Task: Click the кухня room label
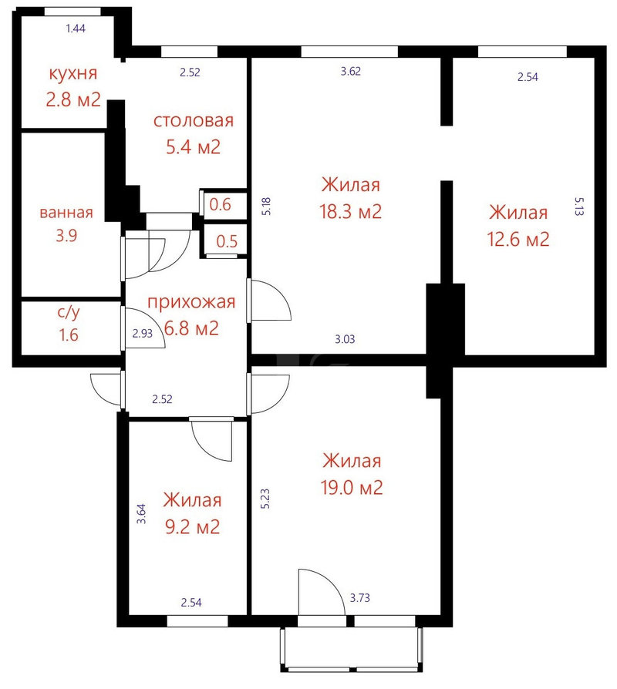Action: pyautogui.click(x=73, y=73)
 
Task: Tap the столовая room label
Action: pyautogui.click(x=194, y=120)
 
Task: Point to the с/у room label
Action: pyautogui.click(x=69, y=312)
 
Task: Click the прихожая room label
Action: pyautogui.click(x=191, y=302)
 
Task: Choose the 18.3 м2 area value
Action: pyautogui.click(x=350, y=211)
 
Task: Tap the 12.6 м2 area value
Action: pyautogui.click(x=518, y=239)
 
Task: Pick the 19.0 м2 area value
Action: pyautogui.click(x=352, y=487)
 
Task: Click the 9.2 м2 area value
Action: pyautogui.click(x=192, y=526)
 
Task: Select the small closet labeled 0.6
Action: pyautogui.click(x=224, y=204)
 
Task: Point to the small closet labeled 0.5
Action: pyautogui.click(x=224, y=240)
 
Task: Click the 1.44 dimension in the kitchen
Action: pyautogui.click(x=76, y=29)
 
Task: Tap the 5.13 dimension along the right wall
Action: pyautogui.click(x=579, y=206)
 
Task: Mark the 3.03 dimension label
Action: pyautogui.click(x=345, y=339)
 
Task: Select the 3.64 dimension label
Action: pyautogui.click(x=141, y=514)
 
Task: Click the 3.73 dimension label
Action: pyautogui.click(x=359, y=597)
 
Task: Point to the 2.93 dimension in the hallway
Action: pyautogui.click(x=143, y=334)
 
